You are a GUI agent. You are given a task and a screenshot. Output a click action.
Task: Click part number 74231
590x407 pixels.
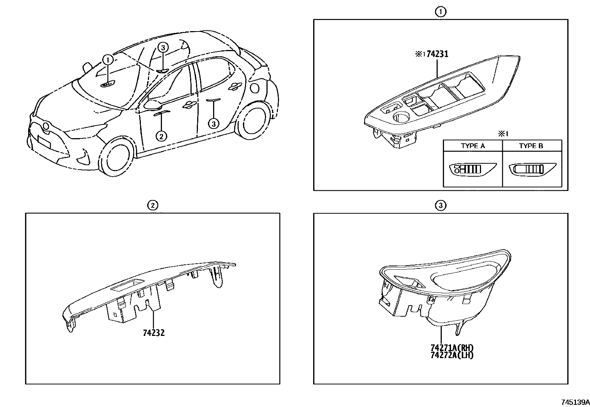[x=437, y=54]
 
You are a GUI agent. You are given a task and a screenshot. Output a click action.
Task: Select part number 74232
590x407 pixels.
[x=153, y=333]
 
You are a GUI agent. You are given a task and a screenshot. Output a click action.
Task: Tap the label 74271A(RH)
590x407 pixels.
[x=452, y=348]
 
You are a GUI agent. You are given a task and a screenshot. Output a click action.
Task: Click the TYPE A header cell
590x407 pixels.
[x=473, y=146]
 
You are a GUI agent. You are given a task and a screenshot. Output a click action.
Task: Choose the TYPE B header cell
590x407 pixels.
[x=531, y=146]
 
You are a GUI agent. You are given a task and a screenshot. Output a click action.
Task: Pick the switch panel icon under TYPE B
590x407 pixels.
[x=531, y=170]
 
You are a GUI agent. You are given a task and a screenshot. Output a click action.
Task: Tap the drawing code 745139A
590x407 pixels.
[x=574, y=402]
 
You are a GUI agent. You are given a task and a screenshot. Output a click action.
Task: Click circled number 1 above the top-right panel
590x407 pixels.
[x=440, y=12]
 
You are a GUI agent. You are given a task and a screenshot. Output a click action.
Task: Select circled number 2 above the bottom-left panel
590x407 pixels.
[x=152, y=205]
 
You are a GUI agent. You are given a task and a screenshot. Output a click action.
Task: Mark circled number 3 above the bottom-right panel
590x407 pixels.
[x=440, y=205]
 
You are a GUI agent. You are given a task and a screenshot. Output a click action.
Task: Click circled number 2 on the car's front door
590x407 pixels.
[x=161, y=136]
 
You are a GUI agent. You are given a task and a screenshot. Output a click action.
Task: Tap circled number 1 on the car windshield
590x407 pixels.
[x=107, y=59]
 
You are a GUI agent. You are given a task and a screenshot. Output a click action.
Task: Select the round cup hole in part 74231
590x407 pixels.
[x=401, y=118]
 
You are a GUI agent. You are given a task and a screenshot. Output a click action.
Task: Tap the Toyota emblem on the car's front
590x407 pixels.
[x=46, y=126]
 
